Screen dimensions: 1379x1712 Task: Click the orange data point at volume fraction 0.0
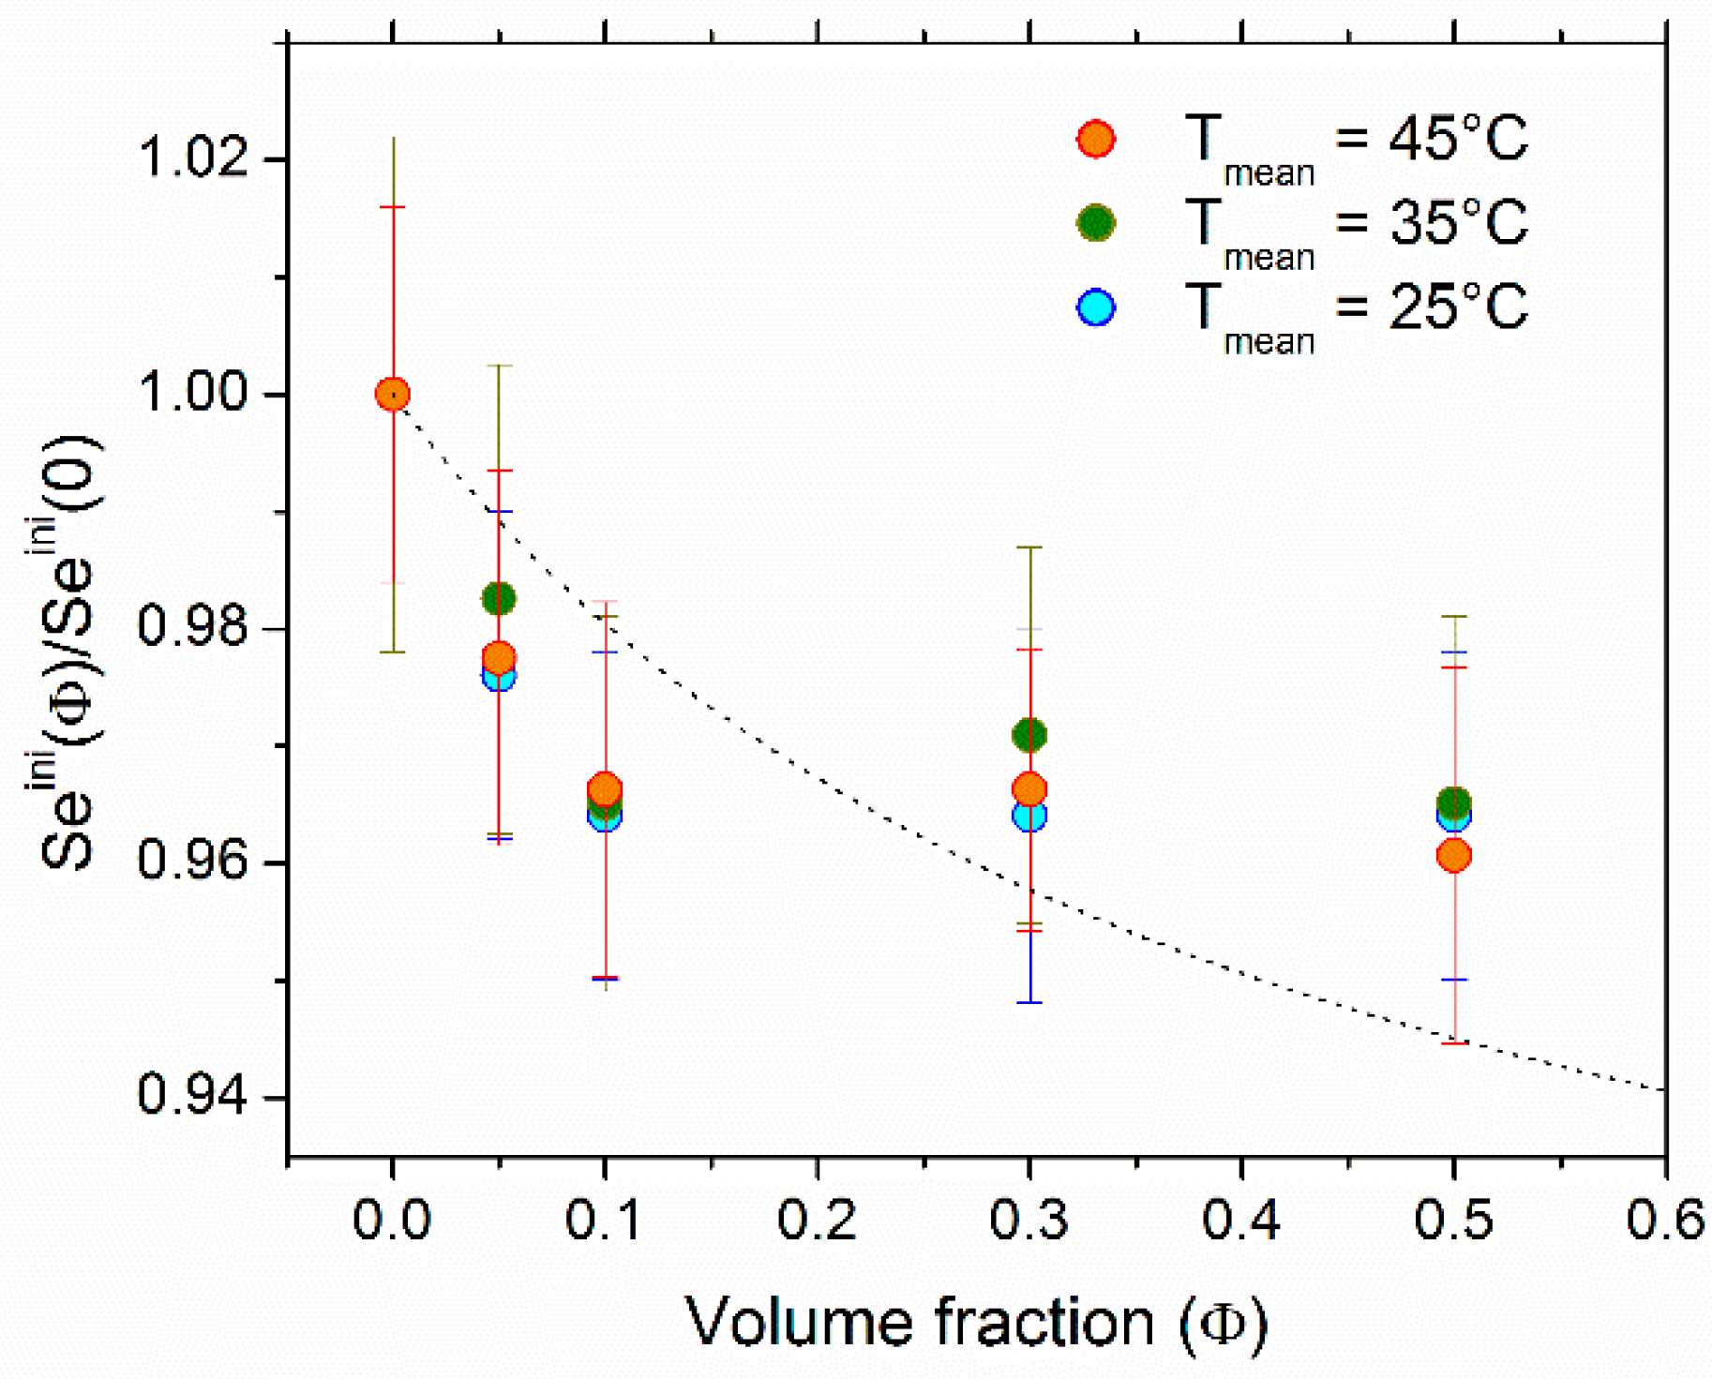392,394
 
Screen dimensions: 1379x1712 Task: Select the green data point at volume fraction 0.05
499,598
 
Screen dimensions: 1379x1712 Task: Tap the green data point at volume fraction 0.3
1029,735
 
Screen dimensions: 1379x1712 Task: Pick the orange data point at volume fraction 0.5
1453,855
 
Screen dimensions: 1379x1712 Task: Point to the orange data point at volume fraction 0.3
1029,789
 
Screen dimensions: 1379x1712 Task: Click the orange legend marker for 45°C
1095,139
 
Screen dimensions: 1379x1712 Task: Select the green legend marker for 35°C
1095,223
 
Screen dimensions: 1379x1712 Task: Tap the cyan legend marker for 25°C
1095,307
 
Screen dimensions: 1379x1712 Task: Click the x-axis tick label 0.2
817,1221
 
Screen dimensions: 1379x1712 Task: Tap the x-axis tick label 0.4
1241,1221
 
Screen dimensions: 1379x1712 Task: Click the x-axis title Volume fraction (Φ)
977,1322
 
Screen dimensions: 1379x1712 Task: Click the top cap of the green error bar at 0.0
393,138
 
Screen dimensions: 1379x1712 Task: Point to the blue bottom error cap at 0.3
1029,1002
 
